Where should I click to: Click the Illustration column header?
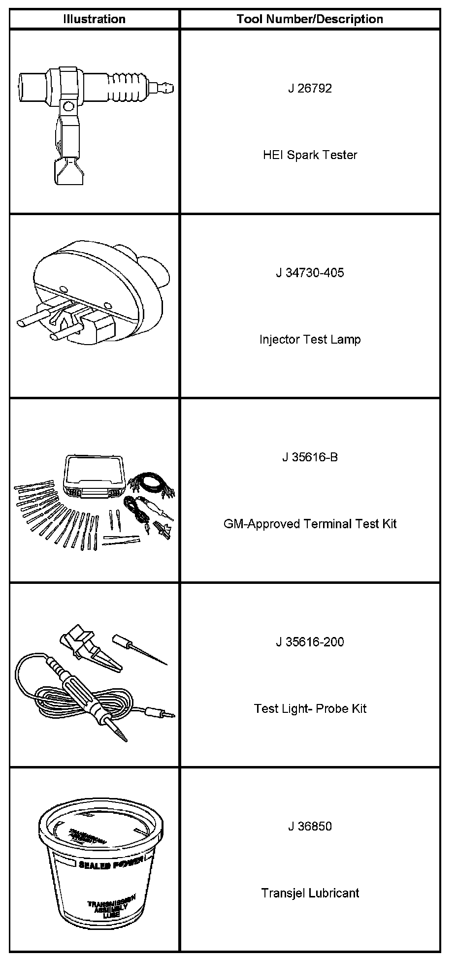[94, 19]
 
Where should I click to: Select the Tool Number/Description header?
[310, 19]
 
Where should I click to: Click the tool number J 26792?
[310, 89]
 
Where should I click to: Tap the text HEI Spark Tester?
[310, 155]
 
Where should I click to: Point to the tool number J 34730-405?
[310, 273]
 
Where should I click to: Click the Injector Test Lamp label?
[310, 340]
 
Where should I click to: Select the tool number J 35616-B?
[310, 457]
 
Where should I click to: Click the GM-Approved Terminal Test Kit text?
[310, 524]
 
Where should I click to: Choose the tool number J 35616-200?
[310, 642]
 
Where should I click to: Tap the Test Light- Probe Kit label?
[310, 708]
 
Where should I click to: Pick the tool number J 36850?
[310, 827]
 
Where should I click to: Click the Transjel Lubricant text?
[310, 893]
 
